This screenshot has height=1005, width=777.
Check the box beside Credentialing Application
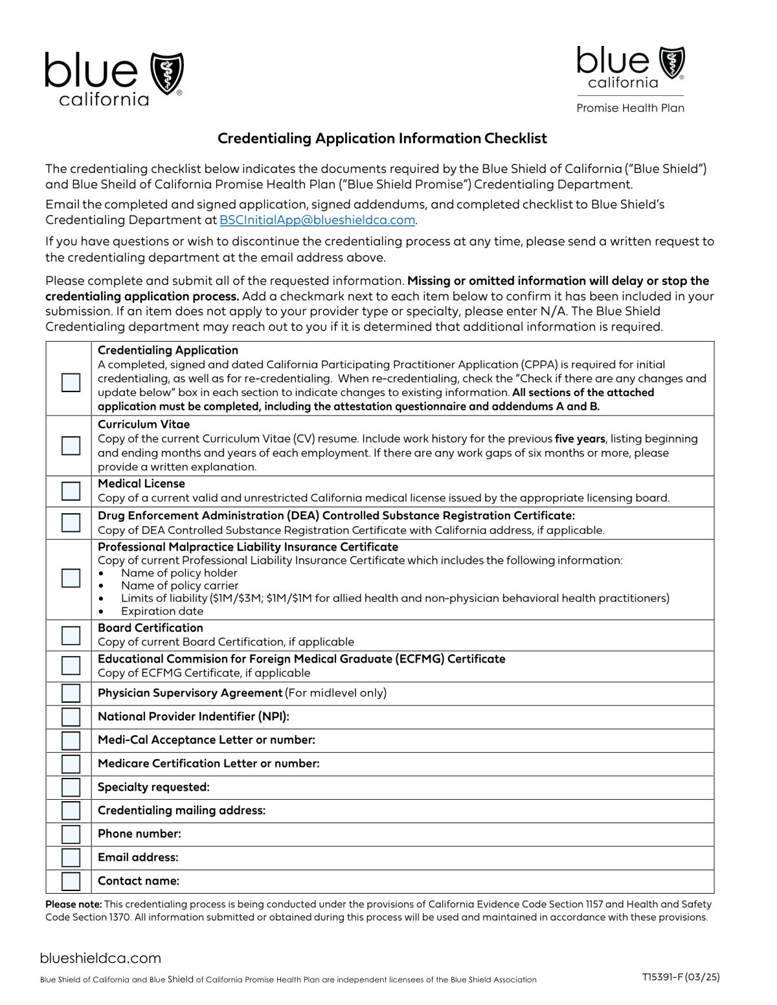(71, 382)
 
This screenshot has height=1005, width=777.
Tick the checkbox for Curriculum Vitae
(71, 445)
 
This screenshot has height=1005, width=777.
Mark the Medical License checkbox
(71, 491)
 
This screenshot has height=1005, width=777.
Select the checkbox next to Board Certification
(71, 635)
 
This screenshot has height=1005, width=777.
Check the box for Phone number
(71, 834)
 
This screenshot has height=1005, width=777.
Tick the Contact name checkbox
(71, 881)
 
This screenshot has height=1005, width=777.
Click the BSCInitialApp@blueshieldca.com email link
(317, 220)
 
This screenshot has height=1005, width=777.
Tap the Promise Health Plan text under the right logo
(630, 108)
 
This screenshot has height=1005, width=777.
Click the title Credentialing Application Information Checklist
(382, 138)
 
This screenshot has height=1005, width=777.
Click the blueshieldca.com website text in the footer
(100, 958)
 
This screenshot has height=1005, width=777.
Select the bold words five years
(581, 439)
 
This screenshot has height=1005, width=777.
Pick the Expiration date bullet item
(162, 612)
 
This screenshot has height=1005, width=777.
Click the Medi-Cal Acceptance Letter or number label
(206, 740)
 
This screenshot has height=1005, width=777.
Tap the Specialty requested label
(153, 787)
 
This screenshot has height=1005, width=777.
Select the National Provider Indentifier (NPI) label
(193, 716)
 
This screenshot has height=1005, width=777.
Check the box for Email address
(71, 858)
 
